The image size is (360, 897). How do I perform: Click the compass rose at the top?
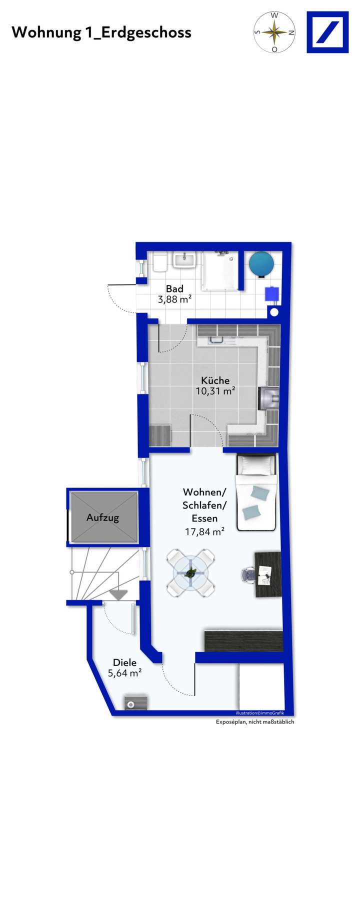pos(274,32)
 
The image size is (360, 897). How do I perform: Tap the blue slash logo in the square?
pos(327,32)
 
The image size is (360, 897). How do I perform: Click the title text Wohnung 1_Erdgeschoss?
pos(101,32)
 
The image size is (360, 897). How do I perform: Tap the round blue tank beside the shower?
pos(261,263)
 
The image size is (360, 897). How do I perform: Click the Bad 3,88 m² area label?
pos(174,294)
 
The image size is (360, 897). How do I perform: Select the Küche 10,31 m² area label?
pos(215,385)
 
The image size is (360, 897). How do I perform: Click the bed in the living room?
pos(256,492)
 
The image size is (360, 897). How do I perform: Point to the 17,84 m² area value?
pos(204,532)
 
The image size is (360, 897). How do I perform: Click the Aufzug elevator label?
pos(103,517)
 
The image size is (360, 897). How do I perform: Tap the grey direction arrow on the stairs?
pos(118,595)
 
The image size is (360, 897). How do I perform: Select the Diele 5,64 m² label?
pos(124,667)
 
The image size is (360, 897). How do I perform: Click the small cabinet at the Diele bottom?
pos(135,702)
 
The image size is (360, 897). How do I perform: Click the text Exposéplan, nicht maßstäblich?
pos(255,722)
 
